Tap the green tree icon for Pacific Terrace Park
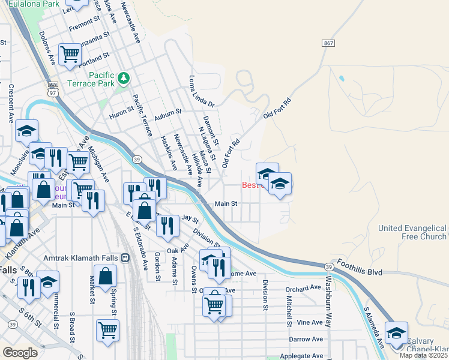click(x=124, y=77)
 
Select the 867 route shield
click(x=328, y=44)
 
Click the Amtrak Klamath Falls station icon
click(x=125, y=258)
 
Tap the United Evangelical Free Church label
click(x=412, y=232)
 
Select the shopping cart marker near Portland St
click(x=70, y=55)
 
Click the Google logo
click(x=20, y=353)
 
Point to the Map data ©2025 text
click(x=424, y=355)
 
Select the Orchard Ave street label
click(x=304, y=288)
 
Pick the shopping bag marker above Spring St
click(x=106, y=277)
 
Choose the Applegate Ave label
click(x=301, y=356)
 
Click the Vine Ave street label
click(x=310, y=322)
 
